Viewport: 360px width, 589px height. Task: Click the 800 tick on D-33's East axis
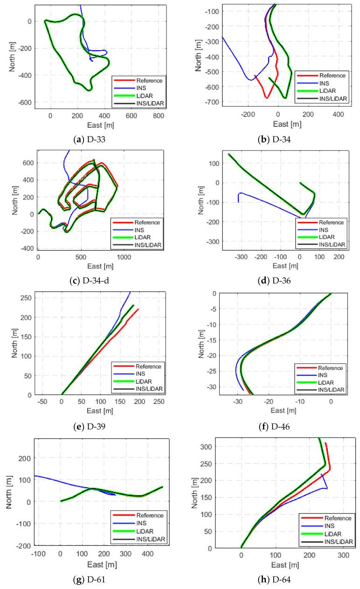click(x=159, y=116)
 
